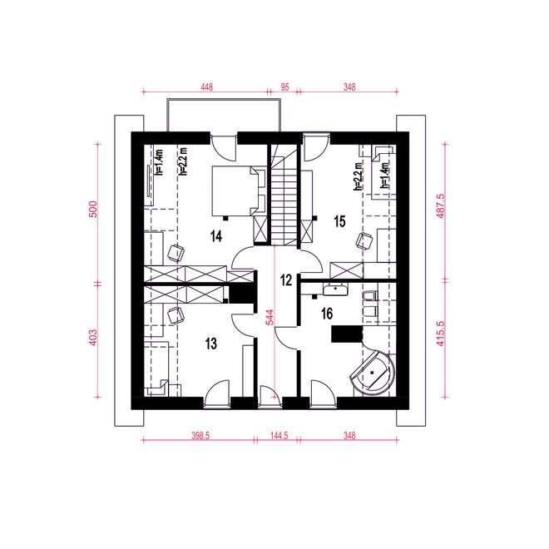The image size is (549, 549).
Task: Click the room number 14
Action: tap(216, 236)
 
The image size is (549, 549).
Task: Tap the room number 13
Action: tap(211, 344)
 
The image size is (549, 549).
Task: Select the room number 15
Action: tap(339, 221)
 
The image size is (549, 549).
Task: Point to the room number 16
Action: tap(327, 314)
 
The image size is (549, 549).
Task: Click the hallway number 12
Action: tap(286, 280)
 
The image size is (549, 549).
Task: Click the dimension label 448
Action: tap(206, 87)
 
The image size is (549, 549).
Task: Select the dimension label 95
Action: tap(285, 87)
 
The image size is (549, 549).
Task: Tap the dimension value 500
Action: tap(93, 209)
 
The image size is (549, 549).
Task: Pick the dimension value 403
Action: tap(93, 338)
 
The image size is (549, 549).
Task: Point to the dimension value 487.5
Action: tap(441, 206)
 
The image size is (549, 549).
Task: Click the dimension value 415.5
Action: tap(441, 334)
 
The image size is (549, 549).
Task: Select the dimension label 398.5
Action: tap(200, 435)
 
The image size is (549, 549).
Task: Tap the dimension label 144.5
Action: tap(279, 435)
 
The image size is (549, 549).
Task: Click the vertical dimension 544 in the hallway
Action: tap(270, 317)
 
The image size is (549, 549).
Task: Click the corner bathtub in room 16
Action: tap(373, 373)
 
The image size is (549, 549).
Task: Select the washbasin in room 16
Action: tap(335, 290)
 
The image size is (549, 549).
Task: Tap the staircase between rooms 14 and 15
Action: tap(284, 196)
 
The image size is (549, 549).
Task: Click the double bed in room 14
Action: tap(239, 191)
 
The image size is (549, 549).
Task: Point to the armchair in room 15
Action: tap(364, 241)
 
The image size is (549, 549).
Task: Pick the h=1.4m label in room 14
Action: tap(160, 162)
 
